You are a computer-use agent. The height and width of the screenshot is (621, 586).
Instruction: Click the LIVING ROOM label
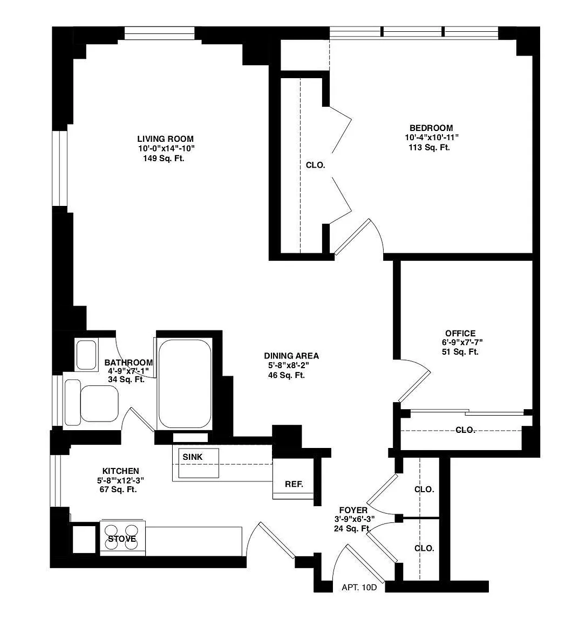pyautogui.click(x=165, y=139)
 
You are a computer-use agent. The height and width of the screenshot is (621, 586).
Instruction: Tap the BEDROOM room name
pyautogui.click(x=431, y=128)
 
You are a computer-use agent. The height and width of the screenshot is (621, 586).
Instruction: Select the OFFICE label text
pyautogui.click(x=460, y=334)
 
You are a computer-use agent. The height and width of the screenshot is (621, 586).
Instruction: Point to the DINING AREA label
pyautogui.click(x=291, y=356)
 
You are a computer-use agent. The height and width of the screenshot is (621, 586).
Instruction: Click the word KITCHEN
pyautogui.click(x=120, y=471)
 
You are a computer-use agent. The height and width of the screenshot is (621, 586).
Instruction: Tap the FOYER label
pyautogui.click(x=353, y=510)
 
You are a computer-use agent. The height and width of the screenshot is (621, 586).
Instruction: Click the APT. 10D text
pyautogui.click(x=359, y=588)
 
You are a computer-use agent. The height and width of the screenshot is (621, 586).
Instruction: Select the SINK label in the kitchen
pyautogui.click(x=192, y=457)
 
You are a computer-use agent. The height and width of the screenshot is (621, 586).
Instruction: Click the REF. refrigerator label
pyautogui.click(x=294, y=485)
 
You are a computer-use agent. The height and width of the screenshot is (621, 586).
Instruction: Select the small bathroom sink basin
pyautogui.click(x=86, y=355)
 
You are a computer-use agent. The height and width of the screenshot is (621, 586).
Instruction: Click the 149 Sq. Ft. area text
pyautogui.click(x=163, y=159)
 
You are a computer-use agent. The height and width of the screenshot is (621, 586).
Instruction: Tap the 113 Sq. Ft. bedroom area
pyautogui.click(x=429, y=148)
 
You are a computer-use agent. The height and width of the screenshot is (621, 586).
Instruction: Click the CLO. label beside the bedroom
pyautogui.click(x=316, y=165)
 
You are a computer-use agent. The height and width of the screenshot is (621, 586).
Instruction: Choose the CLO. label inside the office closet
pyautogui.click(x=465, y=430)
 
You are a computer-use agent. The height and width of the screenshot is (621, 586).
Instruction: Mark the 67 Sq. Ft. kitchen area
pyautogui.click(x=118, y=489)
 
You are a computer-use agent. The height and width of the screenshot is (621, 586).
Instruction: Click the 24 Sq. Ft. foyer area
pyautogui.click(x=352, y=528)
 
